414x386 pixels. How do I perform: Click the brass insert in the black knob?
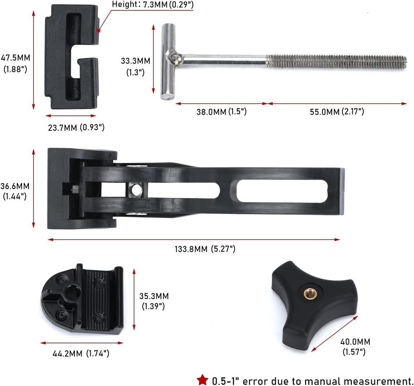coord(308,293)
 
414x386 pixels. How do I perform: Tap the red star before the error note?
coord(202,380)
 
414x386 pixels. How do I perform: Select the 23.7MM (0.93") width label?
coord(76,127)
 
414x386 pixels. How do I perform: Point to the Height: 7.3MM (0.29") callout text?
coord(153,5)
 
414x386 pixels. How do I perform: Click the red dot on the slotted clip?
coord(99,30)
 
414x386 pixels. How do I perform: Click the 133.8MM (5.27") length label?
coord(205,249)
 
